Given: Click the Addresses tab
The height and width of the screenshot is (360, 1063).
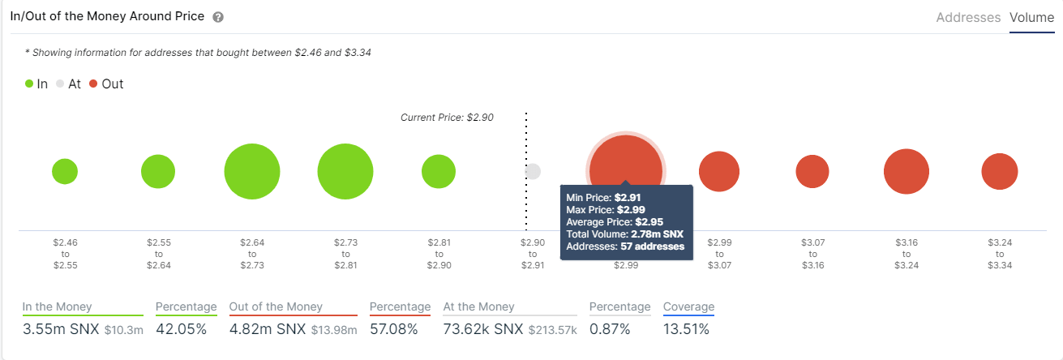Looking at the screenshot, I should [968, 17].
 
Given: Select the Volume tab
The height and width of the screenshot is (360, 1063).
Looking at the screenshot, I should [1032, 17].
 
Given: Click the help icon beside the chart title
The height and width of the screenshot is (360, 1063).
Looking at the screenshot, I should [218, 17].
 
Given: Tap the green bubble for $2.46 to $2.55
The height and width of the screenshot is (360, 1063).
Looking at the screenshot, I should [65, 171].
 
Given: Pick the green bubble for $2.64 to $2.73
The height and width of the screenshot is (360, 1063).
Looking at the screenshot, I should [252, 171].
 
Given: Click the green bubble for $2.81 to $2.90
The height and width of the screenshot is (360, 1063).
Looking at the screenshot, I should [439, 171].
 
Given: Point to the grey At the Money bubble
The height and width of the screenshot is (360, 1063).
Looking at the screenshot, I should [533, 171].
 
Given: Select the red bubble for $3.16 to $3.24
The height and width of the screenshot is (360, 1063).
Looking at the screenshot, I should [906, 171].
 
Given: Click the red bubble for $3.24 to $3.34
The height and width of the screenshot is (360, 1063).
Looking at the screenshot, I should [1000, 171].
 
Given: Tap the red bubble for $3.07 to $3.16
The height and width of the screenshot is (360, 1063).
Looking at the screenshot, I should [812, 171].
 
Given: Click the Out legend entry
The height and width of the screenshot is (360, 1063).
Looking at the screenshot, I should [106, 84].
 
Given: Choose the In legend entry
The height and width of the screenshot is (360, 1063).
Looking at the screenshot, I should [36, 84].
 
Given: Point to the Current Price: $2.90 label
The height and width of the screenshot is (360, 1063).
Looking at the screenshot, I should [447, 118].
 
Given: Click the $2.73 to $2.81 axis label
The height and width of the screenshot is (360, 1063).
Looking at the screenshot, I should [345, 253].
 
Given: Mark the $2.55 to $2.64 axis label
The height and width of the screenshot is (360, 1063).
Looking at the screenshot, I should [158, 253].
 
